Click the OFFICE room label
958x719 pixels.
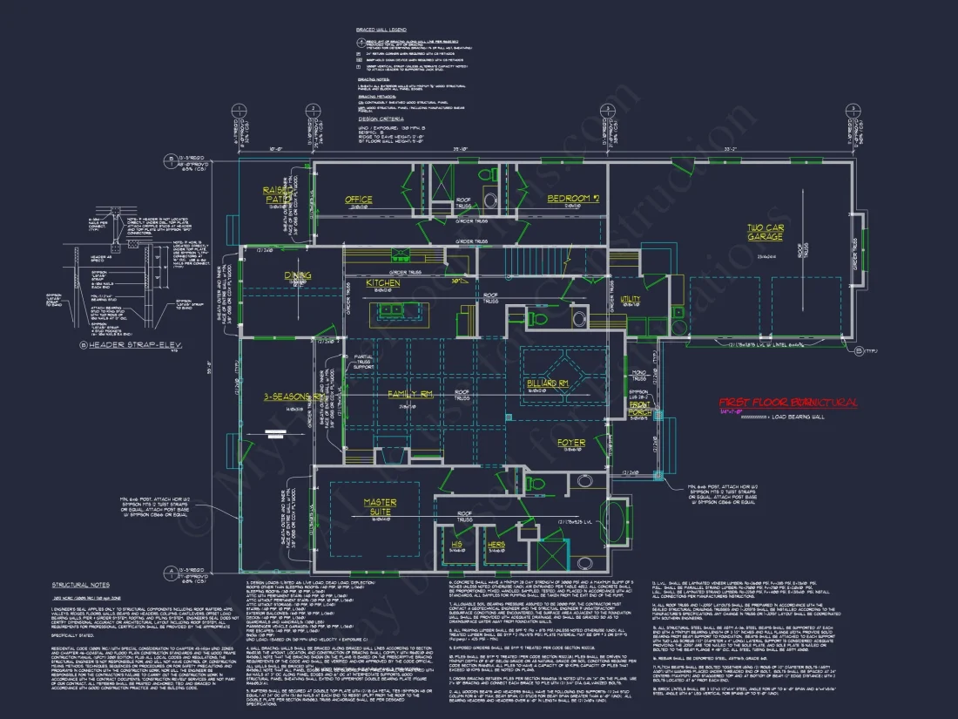pyautogui.click(x=358, y=200)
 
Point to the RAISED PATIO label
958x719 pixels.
pyautogui.click(x=280, y=194)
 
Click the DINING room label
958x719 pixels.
pyautogui.click(x=298, y=275)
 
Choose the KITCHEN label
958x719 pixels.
pyautogui.click(x=382, y=283)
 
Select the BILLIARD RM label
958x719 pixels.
pyautogui.click(x=548, y=383)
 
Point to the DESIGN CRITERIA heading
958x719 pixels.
pyautogui.click(x=381, y=119)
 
